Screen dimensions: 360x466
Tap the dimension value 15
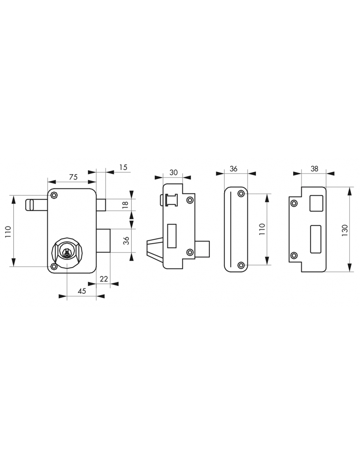coord(123,167)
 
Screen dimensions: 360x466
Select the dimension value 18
coord(126,205)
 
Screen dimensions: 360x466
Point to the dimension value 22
coord(104,279)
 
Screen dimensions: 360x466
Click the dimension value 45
coord(82,291)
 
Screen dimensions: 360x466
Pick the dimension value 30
coord(173,172)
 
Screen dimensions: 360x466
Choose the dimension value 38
coord(314,169)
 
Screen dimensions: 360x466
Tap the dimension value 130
coord(345,230)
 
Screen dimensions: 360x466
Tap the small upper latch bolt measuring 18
coord(101,205)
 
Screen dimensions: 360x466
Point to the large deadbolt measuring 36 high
coord(103,241)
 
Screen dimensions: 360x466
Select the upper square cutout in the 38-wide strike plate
coord(316,203)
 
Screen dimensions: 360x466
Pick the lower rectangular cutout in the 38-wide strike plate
coord(316,239)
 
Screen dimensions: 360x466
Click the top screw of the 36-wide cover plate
coord(241,194)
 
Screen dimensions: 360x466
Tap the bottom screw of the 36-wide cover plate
coord(241,265)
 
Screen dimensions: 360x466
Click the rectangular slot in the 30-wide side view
coord(172,236)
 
